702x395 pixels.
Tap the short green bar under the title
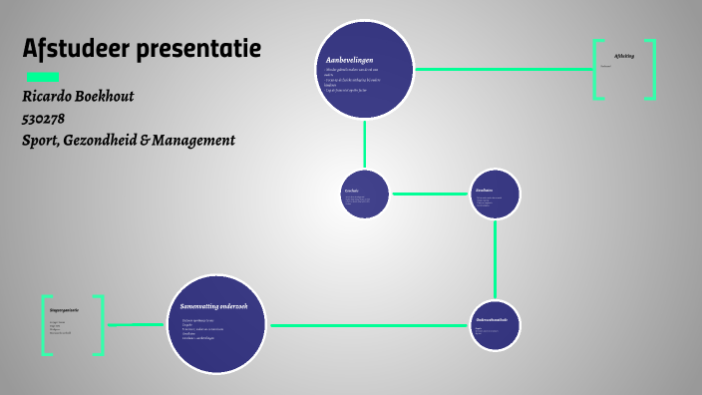pyautogui.click(x=43, y=77)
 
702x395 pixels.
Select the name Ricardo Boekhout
pyautogui.click(x=78, y=96)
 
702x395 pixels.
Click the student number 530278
pyautogui.click(x=43, y=118)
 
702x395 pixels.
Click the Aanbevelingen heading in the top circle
pyautogui.click(x=350, y=61)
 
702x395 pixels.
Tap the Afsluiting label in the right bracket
pyautogui.click(x=624, y=56)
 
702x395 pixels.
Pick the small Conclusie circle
pyautogui.click(x=364, y=195)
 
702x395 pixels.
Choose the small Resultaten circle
pyautogui.click(x=495, y=194)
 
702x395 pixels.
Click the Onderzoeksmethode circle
pyautogui.click(x=495, y=325)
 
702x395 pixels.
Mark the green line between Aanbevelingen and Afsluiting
pyautogui.click(x=504, y=69)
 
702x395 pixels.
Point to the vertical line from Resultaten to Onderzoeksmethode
pyautogui.click(x=495, y=259)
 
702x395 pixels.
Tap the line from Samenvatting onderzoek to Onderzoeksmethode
pyautogui.click(x=369, y=325)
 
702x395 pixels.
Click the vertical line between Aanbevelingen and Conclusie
pyautogui.click(x=364, y=144)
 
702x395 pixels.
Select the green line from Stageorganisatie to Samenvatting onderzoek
pyautogui.click(x=135, y=324)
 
